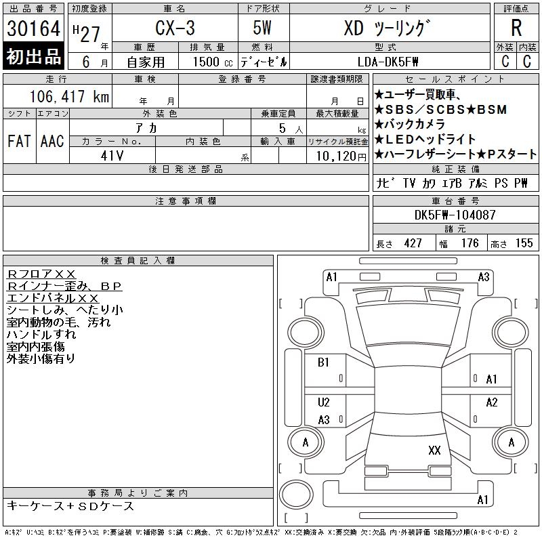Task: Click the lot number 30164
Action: pyautogui.click(x=33, y=28)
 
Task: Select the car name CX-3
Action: pyautogui.click(x=175, y=28)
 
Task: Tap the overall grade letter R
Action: pyautogui.click(x=516, y=28)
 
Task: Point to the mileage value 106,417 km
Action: pyautogui.click(x=69, y=96)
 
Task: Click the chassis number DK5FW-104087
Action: pyautogui.click(x=455, y=215)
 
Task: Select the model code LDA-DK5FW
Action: pyautogui.click(x=388, y=62)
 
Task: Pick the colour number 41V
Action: pyautogui.click(x=112, y=156)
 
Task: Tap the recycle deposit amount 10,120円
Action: pyautogui.click(x=341, y=157)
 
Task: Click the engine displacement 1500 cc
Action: pyautogui.click(x=213, y=62)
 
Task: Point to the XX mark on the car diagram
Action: pyautogui.click(x=434, y=450)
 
